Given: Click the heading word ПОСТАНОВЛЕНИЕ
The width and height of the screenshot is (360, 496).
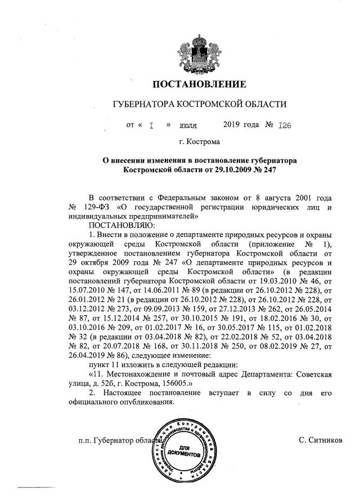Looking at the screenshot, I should tap(200, 85).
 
